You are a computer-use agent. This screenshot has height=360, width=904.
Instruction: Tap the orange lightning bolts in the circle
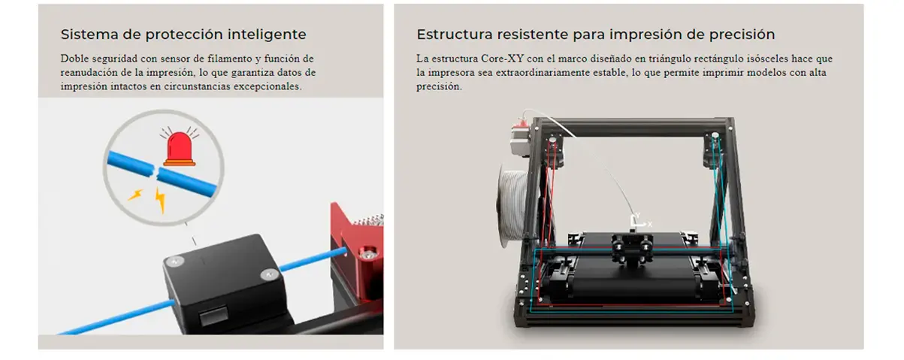(150, 197)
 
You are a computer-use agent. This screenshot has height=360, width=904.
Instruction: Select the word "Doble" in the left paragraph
(74, 58)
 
